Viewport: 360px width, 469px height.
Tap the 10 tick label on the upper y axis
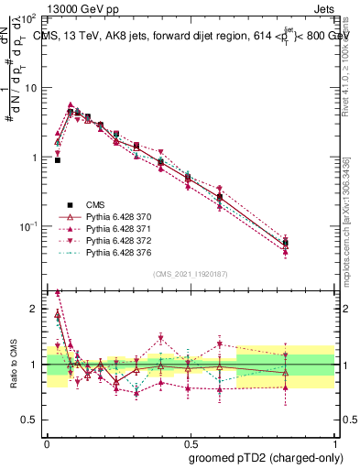pos(31,88)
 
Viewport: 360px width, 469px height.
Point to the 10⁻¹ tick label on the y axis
pos(28,225)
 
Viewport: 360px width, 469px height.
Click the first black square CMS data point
pos(57,159)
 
